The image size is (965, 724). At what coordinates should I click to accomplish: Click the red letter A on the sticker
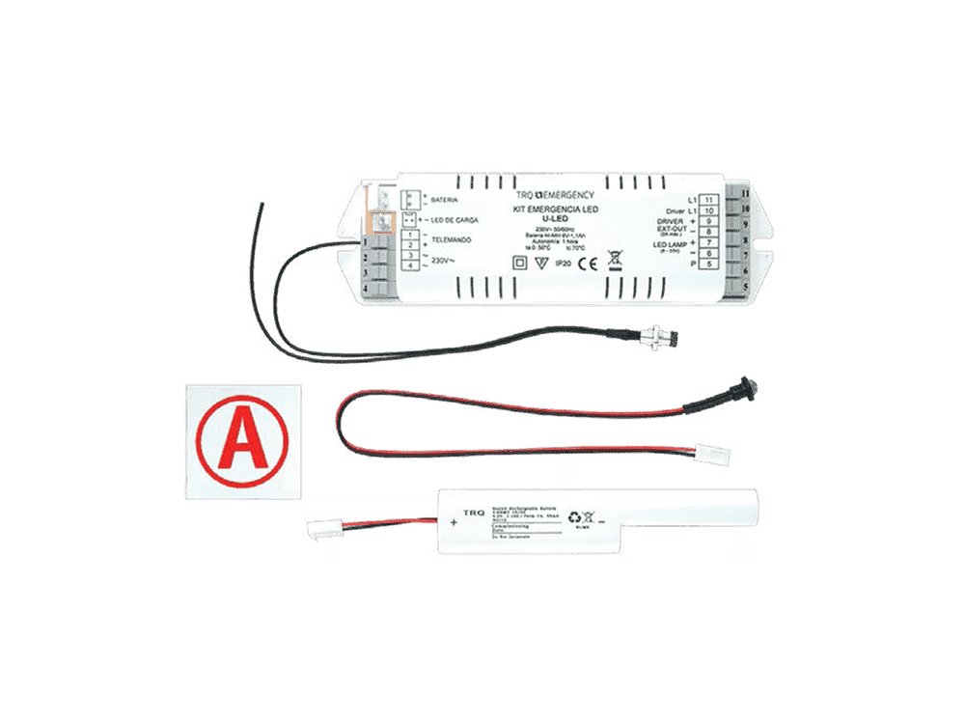[x=241, y=441]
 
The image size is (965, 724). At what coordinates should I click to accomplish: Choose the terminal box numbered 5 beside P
[x=711, y=264]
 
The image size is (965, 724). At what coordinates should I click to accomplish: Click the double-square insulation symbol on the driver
[x=517, y=262]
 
